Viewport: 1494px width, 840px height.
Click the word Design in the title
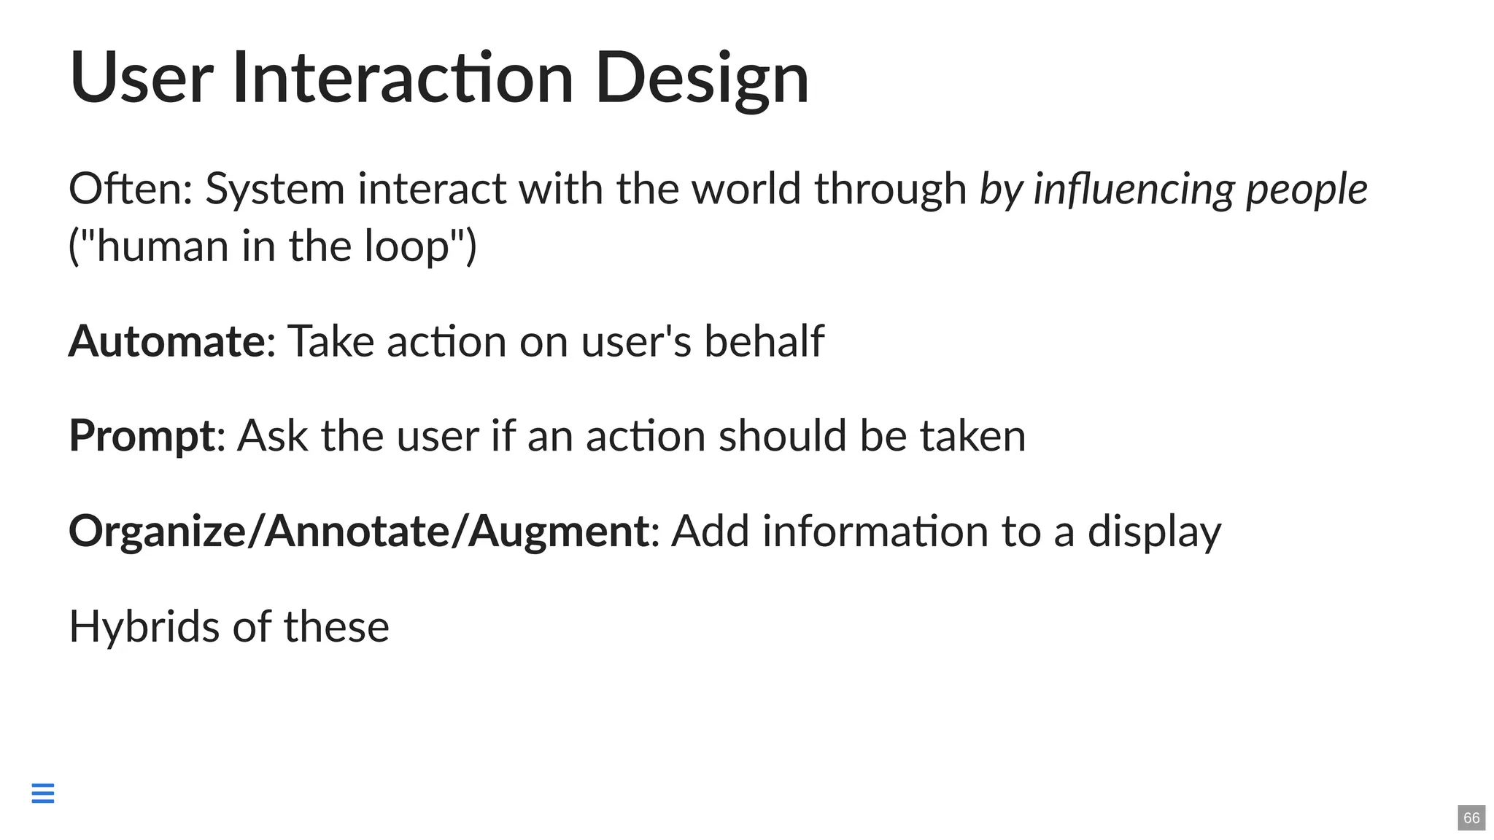coord(702,78)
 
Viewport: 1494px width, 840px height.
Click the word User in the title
coord(141,78)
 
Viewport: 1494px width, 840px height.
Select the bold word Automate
coord(166,341)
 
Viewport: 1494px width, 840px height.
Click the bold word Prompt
coord(142,436)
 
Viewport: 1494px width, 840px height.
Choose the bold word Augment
coord(558,531)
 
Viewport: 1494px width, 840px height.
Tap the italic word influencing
coord(1134,189)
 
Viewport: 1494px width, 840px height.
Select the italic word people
coord(1307,189)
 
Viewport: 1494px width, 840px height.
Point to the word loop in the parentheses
coord(406,246)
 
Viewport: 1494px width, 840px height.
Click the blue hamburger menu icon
coord(43,793)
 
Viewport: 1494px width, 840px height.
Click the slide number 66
coord(1471,817)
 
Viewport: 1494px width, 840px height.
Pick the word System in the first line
coord(274,189)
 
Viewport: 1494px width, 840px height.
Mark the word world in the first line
coord(746,189)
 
